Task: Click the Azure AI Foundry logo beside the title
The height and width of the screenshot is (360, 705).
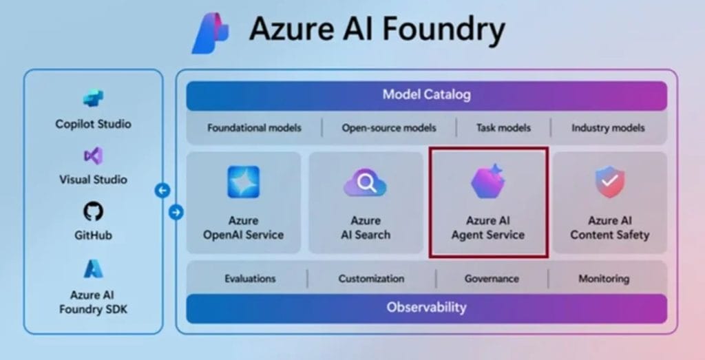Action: tap(211, 32)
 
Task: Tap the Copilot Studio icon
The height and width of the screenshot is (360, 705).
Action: tap(93, 98)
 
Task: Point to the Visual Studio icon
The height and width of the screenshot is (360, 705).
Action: tap(93, 156)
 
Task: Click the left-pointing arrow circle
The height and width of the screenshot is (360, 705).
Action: tap(162, 191)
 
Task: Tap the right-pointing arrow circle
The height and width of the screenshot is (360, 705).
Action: tap(176, 213)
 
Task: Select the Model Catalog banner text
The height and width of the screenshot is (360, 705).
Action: tap(426, 95)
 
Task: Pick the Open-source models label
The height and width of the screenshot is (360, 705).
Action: tap(389, 127)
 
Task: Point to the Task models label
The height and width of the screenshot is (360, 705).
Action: tap(503, 127)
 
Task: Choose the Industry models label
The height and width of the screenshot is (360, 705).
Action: tap(608, 127)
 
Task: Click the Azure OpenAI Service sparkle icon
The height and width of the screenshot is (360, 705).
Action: tap(243, 182)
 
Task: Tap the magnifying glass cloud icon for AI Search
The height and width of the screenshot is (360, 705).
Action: tap(366, 184)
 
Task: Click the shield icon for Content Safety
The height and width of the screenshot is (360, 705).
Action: tap(609, 182)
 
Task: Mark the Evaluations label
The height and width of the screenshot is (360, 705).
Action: tap(250, 279)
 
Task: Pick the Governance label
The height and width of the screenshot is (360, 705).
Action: tap(492, 279)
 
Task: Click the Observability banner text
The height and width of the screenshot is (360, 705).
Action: tap(426, 308)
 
